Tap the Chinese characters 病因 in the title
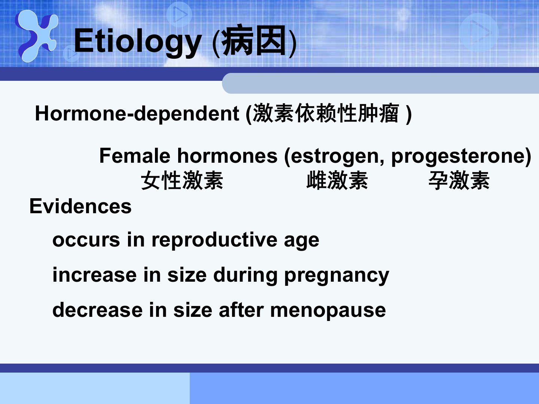coord(254,40)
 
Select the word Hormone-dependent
coord(137,114)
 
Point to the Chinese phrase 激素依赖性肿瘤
coord(326,113)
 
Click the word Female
coord(135,156)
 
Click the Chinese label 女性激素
coord(182,181)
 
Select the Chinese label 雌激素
coord(337,181)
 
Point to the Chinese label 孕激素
coord(459,181)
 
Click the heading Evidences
coord(80,206)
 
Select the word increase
coord(95,275)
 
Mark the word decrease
coord(97,310)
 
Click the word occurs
coord(86,240)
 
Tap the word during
coord(245,275)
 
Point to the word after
coord(241,310)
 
